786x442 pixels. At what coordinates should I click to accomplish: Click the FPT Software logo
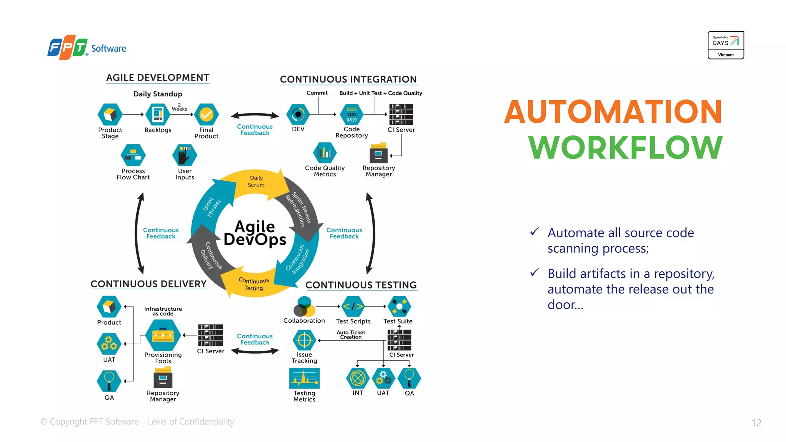[86, 48]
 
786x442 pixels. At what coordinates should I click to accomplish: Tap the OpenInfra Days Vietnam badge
[725, 45]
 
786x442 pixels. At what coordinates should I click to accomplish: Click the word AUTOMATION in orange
[613, 112]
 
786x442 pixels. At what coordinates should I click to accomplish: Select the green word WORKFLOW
[625, 147]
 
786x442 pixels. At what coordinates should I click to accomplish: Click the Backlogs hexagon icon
[158, 114]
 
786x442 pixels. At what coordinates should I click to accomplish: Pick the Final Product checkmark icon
[206, 114]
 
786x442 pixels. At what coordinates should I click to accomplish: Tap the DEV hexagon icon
[298, 114]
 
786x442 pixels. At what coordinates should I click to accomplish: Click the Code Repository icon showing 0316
[352, 114]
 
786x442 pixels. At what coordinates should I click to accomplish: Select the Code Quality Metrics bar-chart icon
[325, 153]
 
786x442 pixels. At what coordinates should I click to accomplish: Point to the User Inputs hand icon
[185, 155]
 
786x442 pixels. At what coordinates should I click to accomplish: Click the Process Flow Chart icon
[133, 155]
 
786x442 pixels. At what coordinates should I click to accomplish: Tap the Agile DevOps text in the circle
[255, 233]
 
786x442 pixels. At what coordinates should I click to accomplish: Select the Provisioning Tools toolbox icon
[163, 335]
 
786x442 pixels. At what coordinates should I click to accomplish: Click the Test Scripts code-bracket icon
[353, 307]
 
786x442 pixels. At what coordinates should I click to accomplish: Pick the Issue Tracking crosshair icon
[304, 340]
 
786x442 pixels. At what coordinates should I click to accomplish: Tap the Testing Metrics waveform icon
[304, 378]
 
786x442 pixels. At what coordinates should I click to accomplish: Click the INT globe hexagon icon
[358, 378]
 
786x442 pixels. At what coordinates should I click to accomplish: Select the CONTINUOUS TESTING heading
[361, 285]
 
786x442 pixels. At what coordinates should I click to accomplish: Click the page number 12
[756, 423]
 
